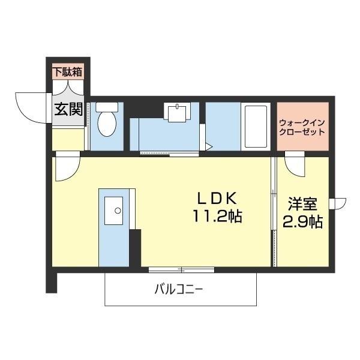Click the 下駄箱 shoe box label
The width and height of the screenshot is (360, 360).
tap(68, 73)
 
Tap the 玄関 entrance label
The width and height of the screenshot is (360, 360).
tap(68, 110)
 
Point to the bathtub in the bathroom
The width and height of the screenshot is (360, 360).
tap(257, 127)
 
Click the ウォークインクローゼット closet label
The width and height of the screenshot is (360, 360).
tap(302, 127)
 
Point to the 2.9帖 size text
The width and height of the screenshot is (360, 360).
tap(303, 221)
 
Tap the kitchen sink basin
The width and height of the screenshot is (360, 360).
tap(114, 210)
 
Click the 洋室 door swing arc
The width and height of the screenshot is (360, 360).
tap(295, 163)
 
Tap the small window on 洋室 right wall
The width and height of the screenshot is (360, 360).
tap(340, 204)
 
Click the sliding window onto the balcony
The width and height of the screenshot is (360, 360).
tap(181, 269)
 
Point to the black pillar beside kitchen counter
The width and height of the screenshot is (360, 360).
tap(135, 246)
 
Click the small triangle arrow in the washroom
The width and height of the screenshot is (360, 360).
tap(209, 145)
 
